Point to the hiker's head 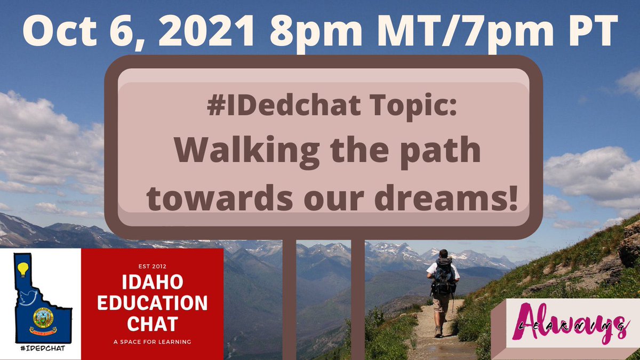coord(444,254)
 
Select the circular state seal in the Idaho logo coord(42,317)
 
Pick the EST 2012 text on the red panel coord(152,262)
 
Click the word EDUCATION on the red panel coord(152,303)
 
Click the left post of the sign coord(289,299)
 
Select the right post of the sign coord(358,299)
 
